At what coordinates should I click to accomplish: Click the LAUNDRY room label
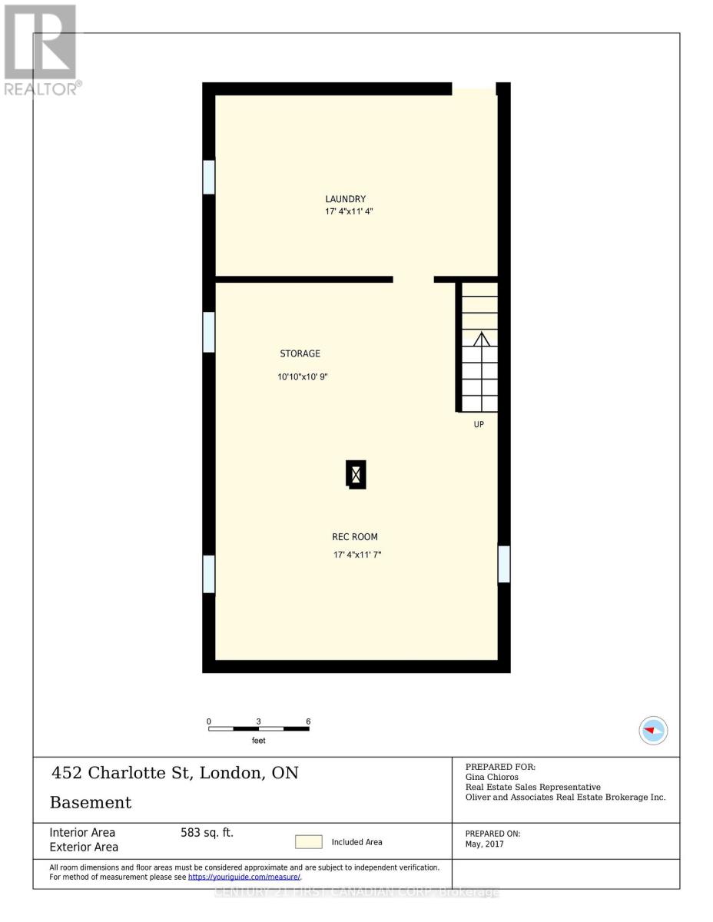pos(345,199)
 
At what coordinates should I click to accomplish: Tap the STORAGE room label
pos(300,353)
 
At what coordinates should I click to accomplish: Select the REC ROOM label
pos(354,537)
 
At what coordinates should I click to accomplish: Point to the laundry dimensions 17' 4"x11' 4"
pos(349,211)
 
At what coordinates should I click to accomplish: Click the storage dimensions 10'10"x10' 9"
pos(303,377)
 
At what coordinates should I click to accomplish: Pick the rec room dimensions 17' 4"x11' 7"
pos(356,554)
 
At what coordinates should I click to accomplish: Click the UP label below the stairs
pos(479,424)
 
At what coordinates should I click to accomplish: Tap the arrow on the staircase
pos(481,340)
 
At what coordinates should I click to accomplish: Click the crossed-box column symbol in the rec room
pos(356,475)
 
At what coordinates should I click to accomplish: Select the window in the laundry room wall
pos(208,177)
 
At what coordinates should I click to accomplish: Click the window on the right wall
pos(504,564)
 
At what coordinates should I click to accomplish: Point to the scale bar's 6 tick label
pos(308,721)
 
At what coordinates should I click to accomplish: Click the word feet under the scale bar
pos(259,741)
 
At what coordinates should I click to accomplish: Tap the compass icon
pos(653,730)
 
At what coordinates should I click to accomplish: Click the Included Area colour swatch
pos(309,842)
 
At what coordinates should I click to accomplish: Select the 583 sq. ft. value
pos(207,832)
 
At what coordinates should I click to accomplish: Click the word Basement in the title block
pos(91,803)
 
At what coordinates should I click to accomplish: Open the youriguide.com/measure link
pos(244,877)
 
